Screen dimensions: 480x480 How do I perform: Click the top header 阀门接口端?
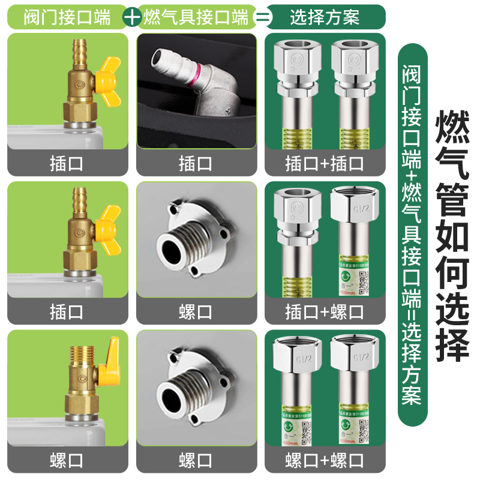(x=67, y=17)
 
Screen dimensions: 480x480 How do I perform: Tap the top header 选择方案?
(x=325, y=17)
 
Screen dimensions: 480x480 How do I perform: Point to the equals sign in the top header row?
(x=262, y=17)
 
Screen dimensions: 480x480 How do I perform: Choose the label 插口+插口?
(x=325, y=163)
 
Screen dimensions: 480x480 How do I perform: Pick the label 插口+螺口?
(x=325, y=312)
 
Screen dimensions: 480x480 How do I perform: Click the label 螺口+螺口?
(x=325, y=461)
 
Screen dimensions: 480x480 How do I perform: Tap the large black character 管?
(x=451, y=200)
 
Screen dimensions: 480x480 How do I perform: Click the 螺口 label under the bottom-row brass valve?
(x=67, y=461)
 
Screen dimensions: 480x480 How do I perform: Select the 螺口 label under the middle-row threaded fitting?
(x=196, y=312)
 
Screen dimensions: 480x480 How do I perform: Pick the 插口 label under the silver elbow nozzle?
(x=196, y=163)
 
